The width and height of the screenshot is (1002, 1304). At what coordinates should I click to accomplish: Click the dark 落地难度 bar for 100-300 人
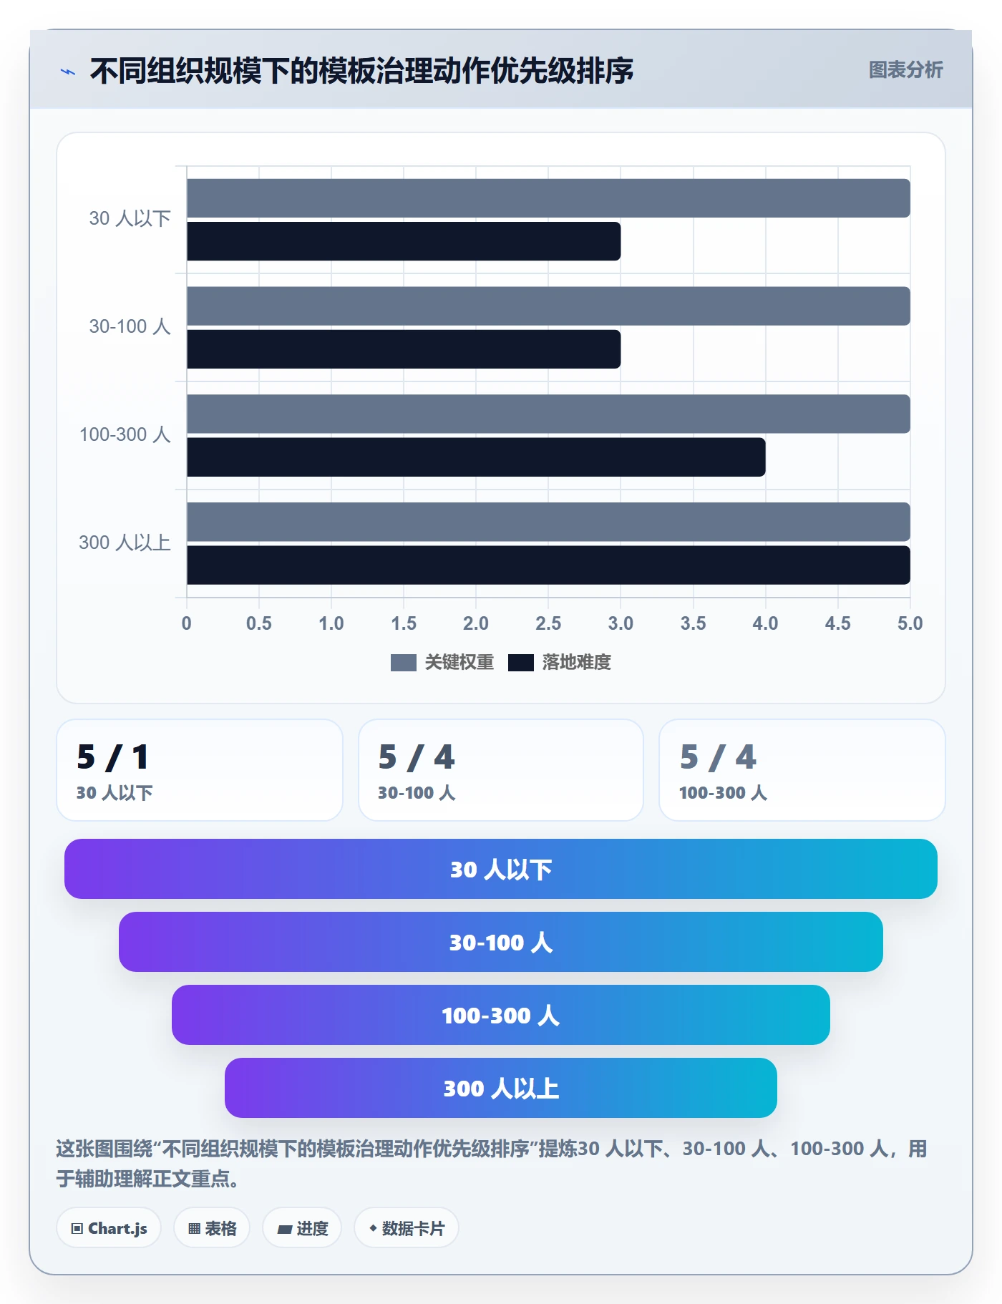click(476, 457)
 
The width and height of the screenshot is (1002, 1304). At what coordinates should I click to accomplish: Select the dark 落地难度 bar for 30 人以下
click(404, 241)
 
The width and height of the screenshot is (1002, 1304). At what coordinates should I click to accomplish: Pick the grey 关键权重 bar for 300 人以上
click(548, 522)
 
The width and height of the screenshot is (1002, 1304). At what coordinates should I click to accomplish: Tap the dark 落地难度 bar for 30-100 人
click(404, 349)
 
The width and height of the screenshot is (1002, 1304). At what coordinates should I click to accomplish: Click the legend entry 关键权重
click(442, 662)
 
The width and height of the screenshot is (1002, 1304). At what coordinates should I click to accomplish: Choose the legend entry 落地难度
click(560, 662)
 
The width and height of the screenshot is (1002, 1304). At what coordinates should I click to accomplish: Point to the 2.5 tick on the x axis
click(548, 623)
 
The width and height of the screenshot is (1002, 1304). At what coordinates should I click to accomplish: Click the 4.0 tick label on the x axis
click(765, 623)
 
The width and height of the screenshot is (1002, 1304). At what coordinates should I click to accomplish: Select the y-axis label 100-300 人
click(125, 434)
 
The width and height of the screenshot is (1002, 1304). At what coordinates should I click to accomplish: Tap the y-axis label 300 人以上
click(125, 542)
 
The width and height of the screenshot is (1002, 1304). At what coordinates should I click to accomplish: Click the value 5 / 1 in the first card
click(113, 757)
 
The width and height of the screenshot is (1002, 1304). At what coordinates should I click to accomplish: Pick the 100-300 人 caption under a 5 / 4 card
click(723, 793)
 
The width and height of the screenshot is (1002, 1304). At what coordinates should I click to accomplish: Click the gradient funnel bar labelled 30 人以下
click(501, 869)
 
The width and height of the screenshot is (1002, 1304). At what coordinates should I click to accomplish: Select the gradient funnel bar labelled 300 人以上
click(501, 1088)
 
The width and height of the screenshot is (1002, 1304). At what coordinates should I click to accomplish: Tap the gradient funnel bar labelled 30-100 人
click(501, 942)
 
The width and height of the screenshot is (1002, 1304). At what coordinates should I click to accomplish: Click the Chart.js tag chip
click(109, 1228)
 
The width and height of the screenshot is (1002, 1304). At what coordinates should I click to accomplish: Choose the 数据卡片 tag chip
click(407, 1228)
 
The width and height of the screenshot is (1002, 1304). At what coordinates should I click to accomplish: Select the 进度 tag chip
click(302, 1228)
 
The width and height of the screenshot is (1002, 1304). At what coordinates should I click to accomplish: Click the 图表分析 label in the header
click(906, 70)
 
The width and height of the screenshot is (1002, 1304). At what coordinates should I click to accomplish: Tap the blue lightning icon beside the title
click(68, 72)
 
